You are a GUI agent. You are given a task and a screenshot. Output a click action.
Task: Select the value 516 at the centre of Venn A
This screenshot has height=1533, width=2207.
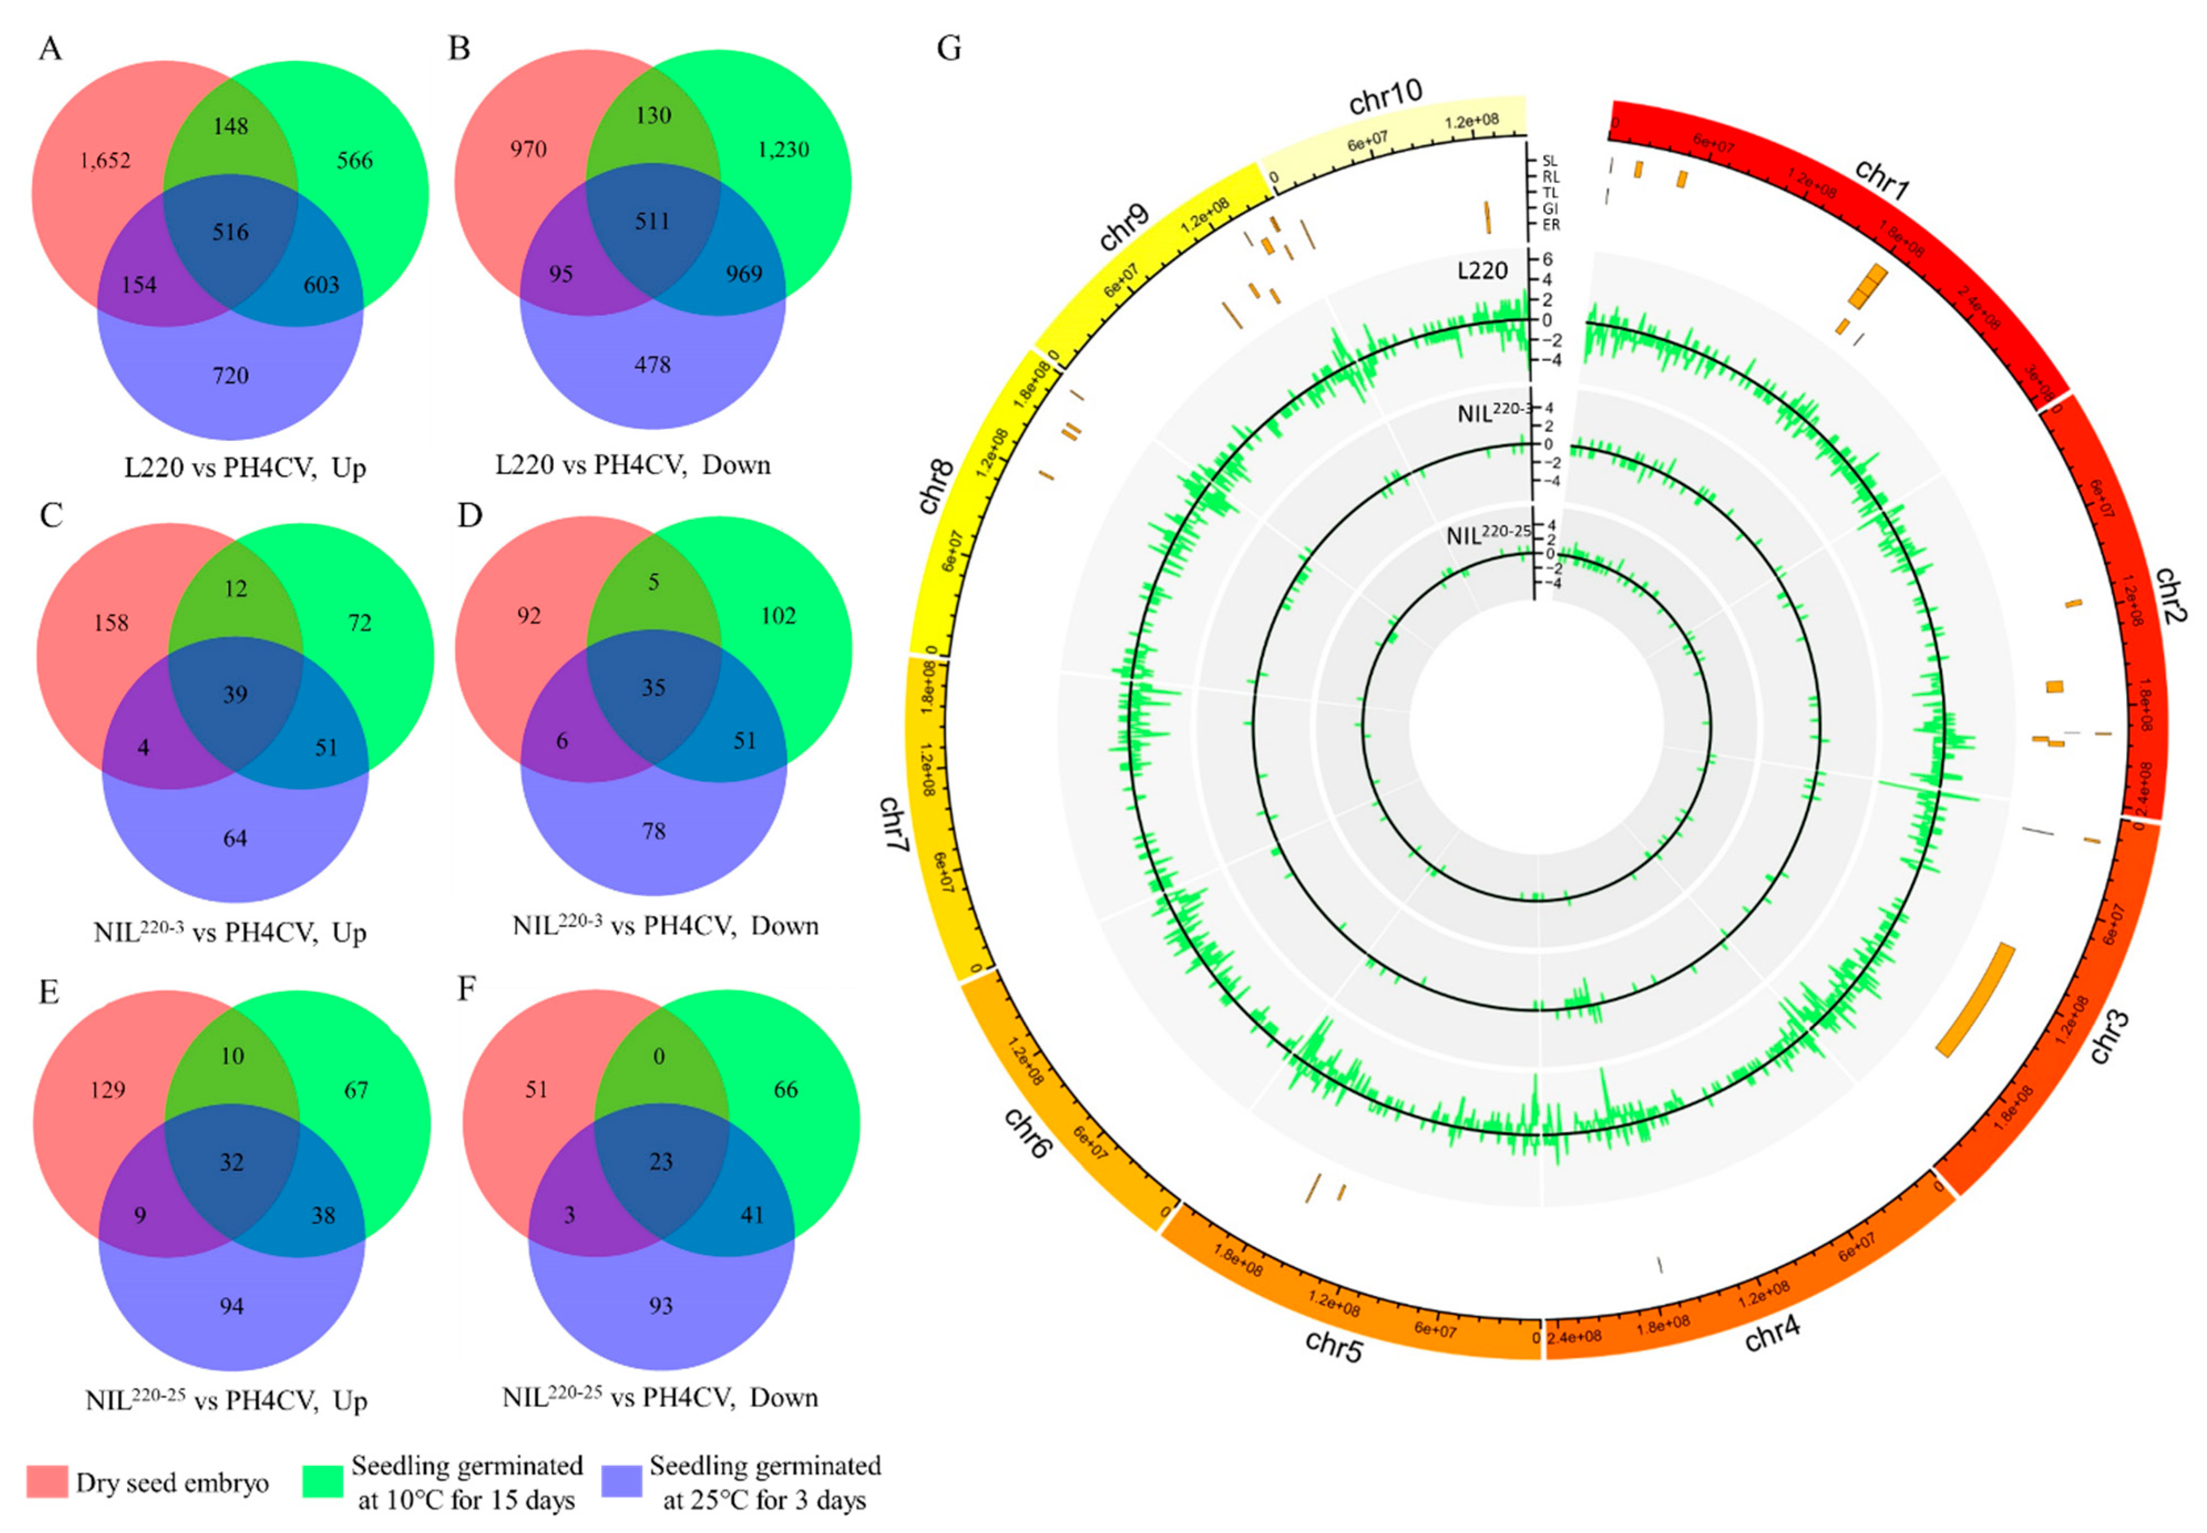point(230,233)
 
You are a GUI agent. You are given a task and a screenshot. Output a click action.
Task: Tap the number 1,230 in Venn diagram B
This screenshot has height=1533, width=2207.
point(783,150)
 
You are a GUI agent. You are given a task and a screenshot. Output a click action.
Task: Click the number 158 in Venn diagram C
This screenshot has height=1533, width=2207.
point(111,623)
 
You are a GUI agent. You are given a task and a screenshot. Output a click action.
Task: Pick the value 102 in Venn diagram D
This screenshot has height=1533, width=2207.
point(778,616)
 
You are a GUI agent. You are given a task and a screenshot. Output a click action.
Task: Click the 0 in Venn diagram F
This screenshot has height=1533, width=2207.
point(659,1057)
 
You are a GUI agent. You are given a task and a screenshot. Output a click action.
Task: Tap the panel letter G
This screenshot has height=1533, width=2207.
point(949,48)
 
